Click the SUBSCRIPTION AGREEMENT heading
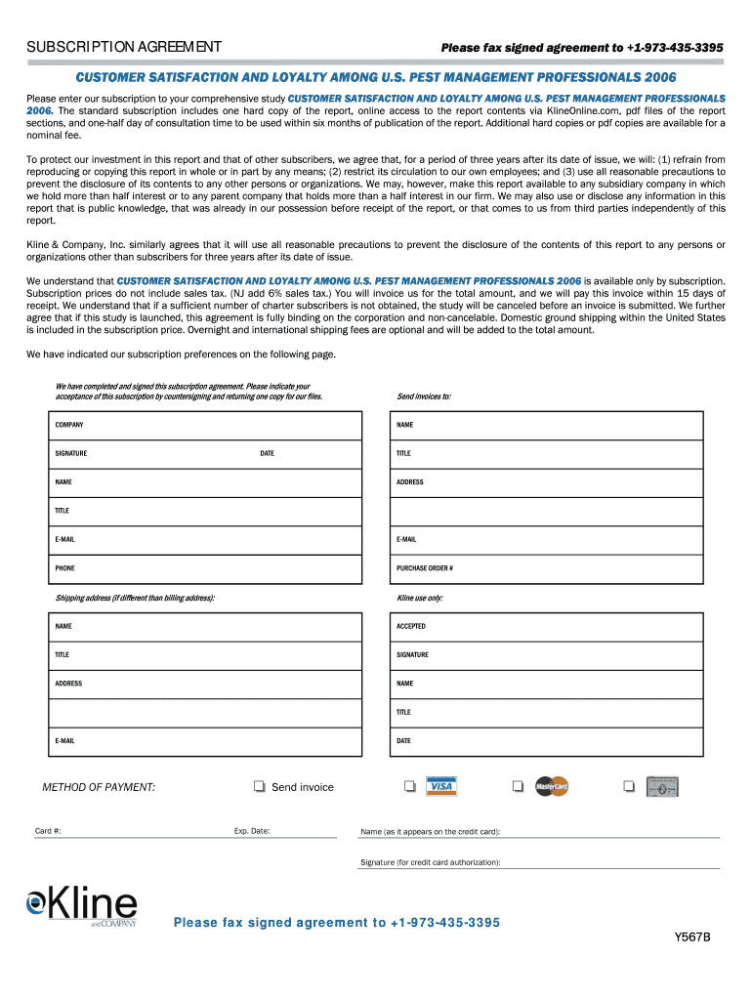tap(124, 47)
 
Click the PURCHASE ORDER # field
tap(547, 568)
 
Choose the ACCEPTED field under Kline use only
tap(547, 626)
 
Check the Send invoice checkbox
tap(260, 787)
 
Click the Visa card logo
tap(441, 787)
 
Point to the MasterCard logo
tap(551, 787)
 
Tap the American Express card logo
tap(662, 787)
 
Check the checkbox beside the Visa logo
tap(409, 787)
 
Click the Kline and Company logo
tap(82, 905)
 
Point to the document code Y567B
tap(691, 938)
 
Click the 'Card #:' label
tap(49, 831)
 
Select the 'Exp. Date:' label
tap(252, 831)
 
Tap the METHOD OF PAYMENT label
tap(99, 787)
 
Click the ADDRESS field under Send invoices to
tap(547, 482)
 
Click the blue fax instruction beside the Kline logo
tap(336, 923)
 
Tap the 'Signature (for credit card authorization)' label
tap(431, 862)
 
